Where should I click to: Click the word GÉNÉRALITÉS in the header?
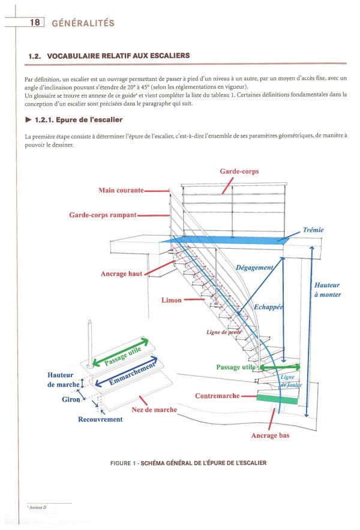click(x=83, y=24)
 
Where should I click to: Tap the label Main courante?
click(x=121, y=190)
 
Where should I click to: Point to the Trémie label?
click(x=314, y=230)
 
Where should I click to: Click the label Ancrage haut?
click(x=122, y=273)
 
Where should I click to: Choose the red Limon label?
click(x=171, y=300)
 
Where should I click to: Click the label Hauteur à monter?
click(x=328, y=290)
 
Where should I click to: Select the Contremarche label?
click(x=217, y=396)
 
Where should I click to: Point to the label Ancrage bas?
click(x=270, y=435)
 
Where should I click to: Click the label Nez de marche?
click(x=154, y=409)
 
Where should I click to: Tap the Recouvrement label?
click(x=100, y=419)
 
